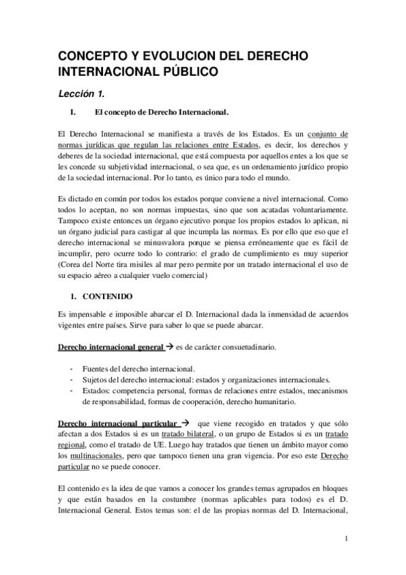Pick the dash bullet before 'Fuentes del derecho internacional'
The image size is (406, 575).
(x=72, y=369)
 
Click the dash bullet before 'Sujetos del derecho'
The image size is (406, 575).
(x=72, y=380)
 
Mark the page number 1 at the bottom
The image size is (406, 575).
(x=346, y=540)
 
